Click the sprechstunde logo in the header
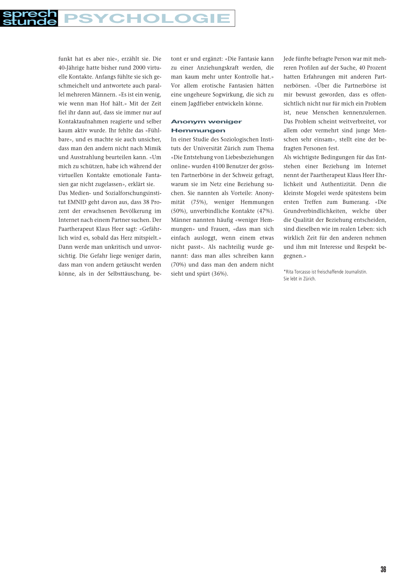click(x=29, y=18)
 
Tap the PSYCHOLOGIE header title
click(x=147, y=18)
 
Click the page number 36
click(x=383, y=569)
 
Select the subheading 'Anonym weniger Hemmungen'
click(x=206, y=126)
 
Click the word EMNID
click(x=77, y=202)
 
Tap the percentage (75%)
click(x=199, y=202)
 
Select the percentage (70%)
click(x=179, y=265)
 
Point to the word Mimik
click(x=153, y=148)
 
